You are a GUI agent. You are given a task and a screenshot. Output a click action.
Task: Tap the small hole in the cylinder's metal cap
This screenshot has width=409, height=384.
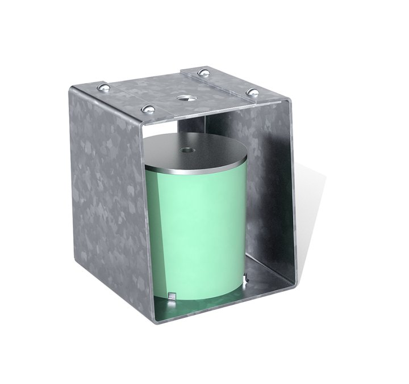[186, 151]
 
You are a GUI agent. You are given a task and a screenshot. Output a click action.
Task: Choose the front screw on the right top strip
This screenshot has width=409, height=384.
[250, 90]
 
